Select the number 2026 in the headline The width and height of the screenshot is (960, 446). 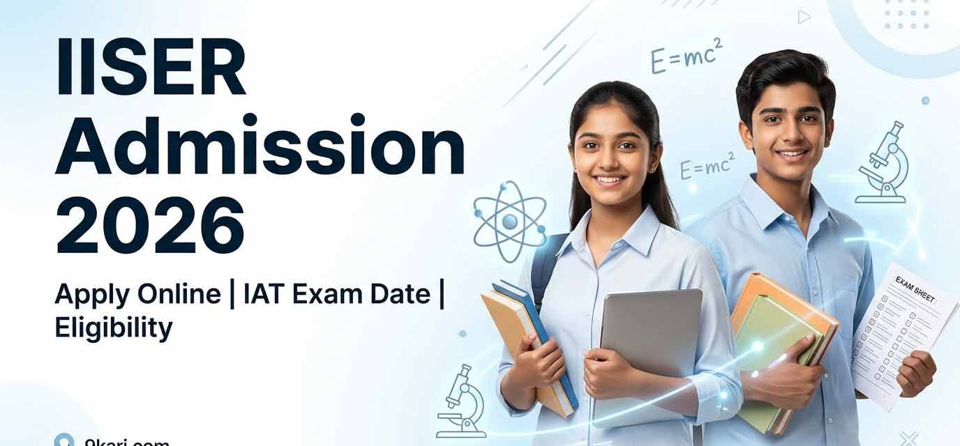(x=150, y=224)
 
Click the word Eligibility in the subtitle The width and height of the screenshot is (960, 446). (x=113, y=327)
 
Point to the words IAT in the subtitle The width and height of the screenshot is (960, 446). (x=265, y=294)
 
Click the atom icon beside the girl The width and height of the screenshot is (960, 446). (x=509, y=222)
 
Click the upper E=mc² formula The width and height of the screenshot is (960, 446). (x=687, y=56)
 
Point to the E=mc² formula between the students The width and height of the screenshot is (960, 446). (x=707, y=168)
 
